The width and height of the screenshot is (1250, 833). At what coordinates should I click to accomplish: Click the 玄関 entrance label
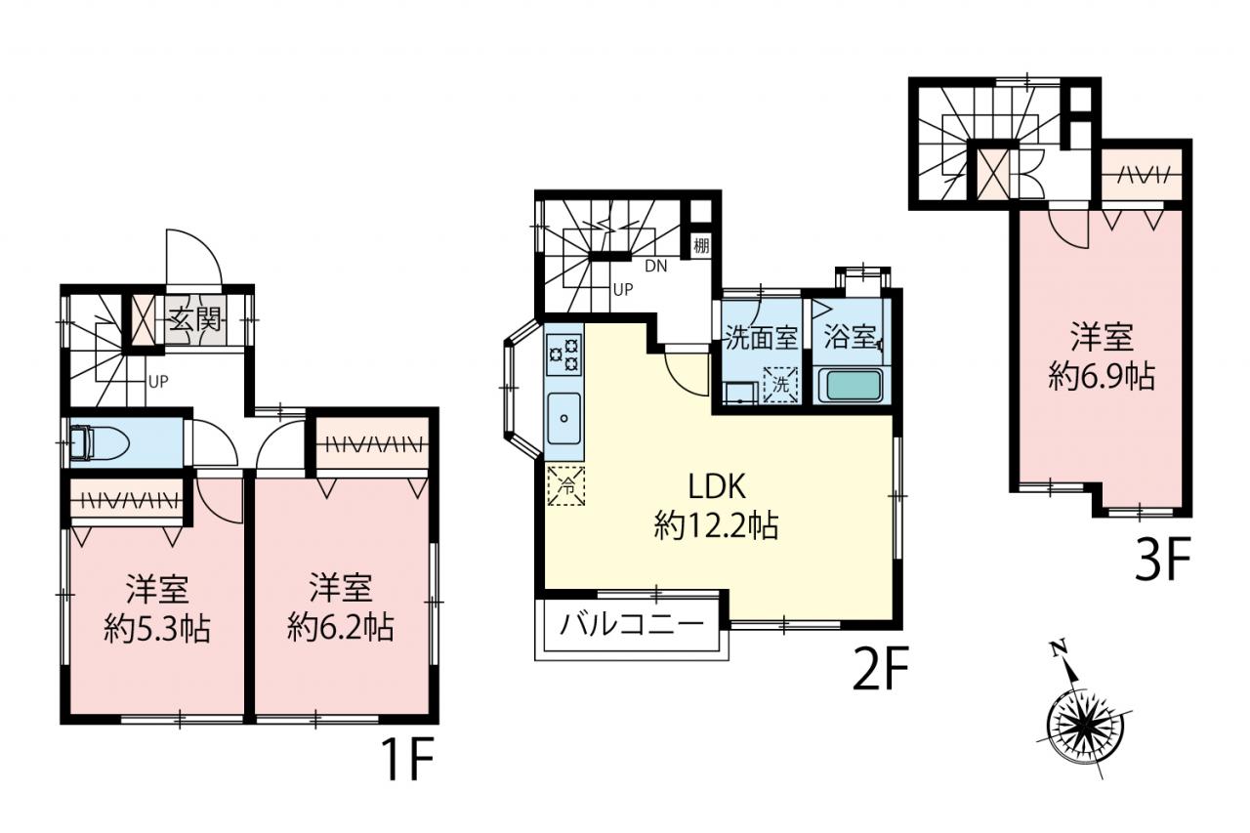point(195,322)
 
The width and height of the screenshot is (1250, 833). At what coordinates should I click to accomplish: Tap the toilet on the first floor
point(100,442)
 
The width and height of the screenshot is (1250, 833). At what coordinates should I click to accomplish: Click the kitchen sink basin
point(564,417)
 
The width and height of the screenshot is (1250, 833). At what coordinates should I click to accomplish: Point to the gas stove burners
point(564,354)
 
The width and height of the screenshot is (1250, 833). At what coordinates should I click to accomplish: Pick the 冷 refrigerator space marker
point(565,486)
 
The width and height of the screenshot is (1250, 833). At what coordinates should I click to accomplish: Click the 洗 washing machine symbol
point(780,384)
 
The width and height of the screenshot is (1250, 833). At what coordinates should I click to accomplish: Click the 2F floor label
point(881,669)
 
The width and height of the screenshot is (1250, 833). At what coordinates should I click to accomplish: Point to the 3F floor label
point(1163,559)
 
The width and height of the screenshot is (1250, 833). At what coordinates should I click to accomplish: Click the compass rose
point(1084,724)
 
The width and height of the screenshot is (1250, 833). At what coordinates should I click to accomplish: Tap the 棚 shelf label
point(701,245)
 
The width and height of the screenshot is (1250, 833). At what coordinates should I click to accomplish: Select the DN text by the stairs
point(655,267)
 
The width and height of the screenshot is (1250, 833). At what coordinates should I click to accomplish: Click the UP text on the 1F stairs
point(158,382)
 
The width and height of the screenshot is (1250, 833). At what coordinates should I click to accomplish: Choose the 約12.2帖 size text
point(716,525)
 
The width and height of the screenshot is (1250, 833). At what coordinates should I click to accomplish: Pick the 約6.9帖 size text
point(1101,376)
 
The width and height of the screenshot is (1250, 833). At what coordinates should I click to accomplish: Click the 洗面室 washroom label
point(761,338)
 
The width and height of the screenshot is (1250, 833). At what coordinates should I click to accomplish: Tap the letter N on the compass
point(1056,648)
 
